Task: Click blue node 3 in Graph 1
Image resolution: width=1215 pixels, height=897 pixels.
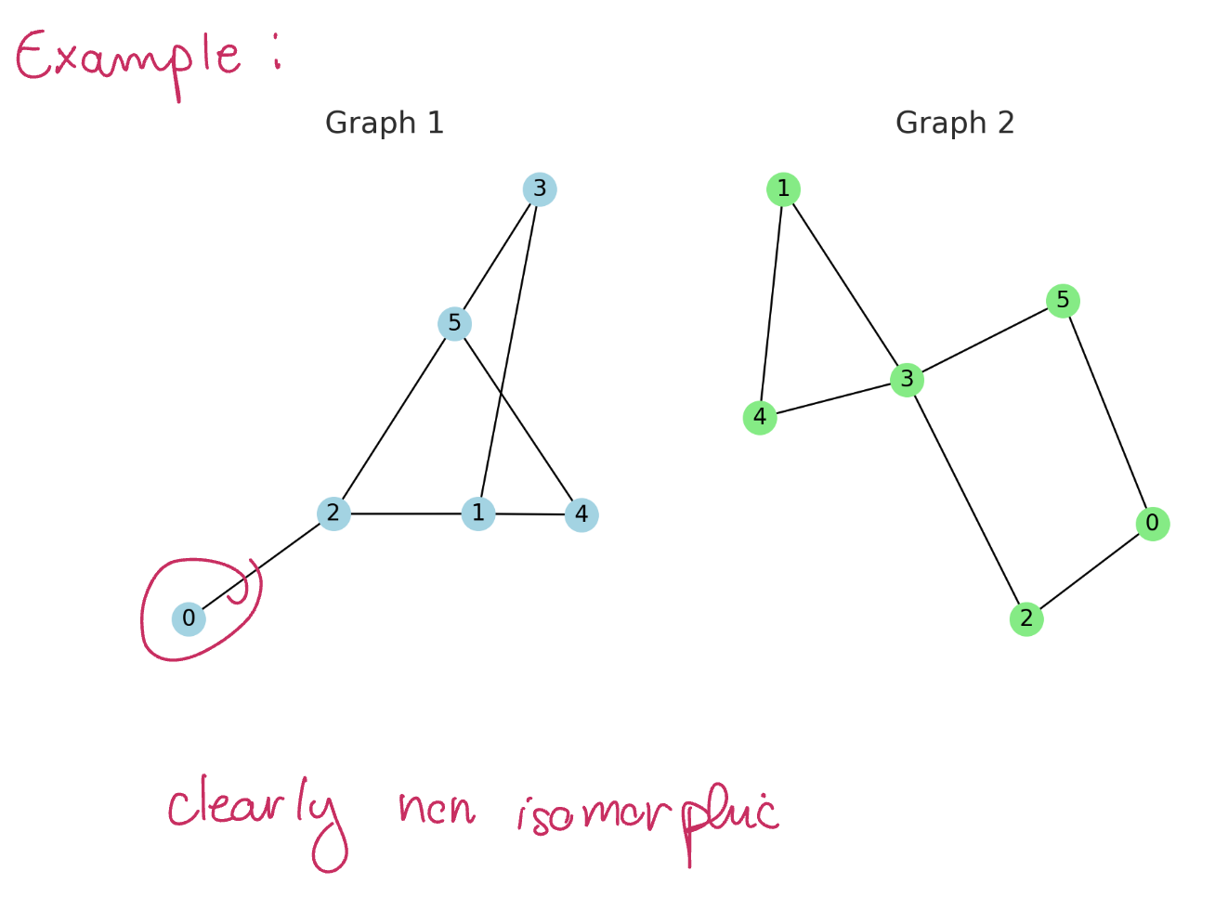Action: click(x=540, y=189)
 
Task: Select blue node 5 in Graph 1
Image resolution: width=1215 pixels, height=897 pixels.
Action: click(x=454, y=323)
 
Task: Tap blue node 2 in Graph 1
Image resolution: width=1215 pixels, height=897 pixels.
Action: click(x=333, y=513)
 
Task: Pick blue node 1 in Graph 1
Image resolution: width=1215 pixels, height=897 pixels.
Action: click(x=478, y=513)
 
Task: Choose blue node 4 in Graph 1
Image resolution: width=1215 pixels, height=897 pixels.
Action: click(x=581, y=514)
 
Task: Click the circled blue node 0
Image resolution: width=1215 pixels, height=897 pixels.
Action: click(x=189, y=618)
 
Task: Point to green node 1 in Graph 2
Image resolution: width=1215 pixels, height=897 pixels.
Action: click(x=783, y=189)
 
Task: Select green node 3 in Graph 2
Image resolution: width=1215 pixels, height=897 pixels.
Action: click(x=907, y=380)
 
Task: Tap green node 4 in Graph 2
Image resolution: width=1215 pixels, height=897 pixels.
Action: click(x=760, y=418)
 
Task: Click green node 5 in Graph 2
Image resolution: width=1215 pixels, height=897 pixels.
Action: click(x=1063, y=301)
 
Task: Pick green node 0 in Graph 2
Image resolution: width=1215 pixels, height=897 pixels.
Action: click(x=1152, y=524)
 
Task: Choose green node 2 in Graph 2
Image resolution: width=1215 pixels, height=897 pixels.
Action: click(x=1026, y=619)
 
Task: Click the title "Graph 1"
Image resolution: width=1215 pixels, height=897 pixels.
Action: click(x=385, y=123)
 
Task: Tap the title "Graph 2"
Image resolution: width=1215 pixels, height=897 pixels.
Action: click(x=955, y=123)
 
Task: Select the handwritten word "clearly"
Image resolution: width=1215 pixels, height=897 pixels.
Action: click(x=255, y=812)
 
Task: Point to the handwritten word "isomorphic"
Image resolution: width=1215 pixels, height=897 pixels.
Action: click(x=647, y=814)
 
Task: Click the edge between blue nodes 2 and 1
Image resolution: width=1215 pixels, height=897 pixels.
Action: click(x=406, y=513)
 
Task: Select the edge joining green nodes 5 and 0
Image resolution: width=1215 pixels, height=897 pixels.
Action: click(x=1107, y=412)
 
